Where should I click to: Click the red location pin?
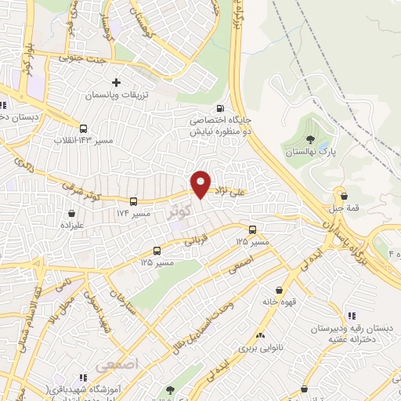201,183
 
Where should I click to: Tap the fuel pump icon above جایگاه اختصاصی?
220,108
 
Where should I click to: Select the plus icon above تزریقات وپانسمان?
117,81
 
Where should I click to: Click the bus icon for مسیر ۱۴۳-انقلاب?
83,128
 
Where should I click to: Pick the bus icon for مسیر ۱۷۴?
134,200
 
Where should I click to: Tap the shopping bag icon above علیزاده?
72,212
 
